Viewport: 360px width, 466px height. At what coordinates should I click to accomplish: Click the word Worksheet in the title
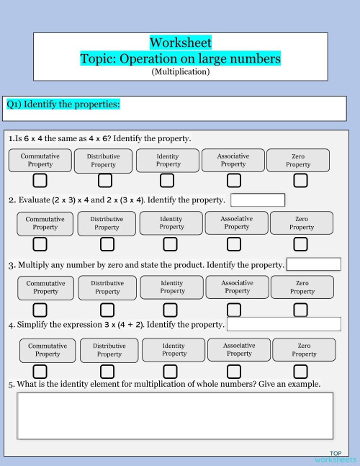click(x=181, y=43)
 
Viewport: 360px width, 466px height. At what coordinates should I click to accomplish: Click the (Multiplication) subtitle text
click(x=181, y=71)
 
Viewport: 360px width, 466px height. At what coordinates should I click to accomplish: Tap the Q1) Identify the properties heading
click(x=63, y=104)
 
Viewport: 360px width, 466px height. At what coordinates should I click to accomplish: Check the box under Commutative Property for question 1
click(x=40, y=180)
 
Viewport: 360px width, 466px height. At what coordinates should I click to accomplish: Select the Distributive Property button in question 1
click(x=103, y=161)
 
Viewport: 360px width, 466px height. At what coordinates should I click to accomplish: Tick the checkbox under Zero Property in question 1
click(x=300, y=180)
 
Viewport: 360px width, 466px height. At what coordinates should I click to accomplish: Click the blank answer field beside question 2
click(x=258, y=200)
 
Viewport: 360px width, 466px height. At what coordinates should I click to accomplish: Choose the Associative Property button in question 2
click(x=236, y=223)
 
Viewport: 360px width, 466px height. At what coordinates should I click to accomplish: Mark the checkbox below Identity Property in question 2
click(x=171, y=245)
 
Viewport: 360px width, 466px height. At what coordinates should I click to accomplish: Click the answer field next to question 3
click(x=313, y=264)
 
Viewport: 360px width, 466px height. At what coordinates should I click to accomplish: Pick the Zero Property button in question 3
click(x=302, y=287)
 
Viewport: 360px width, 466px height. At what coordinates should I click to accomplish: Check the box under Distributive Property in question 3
click(x=107, y=310)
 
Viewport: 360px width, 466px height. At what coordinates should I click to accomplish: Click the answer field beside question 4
click(x=283, y=324)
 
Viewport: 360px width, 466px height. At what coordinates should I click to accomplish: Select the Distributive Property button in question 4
click(x=109, y=350)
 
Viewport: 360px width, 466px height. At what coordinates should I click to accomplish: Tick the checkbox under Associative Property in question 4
click(x=234, y=372)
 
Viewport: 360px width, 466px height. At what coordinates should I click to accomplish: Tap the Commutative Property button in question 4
click(x=48, y=350)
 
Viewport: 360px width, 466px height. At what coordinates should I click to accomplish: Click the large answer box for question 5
click(x=175, y=415)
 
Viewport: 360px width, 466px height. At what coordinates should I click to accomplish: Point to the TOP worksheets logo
click(x=335, y=457)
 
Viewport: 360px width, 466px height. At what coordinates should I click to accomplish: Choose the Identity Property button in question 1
click(x=168, y=160)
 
